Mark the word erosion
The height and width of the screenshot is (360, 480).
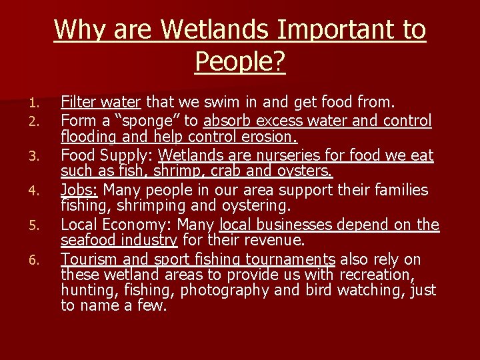click(x=270, y=137)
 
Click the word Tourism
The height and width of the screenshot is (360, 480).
click(x=89, y=259)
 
